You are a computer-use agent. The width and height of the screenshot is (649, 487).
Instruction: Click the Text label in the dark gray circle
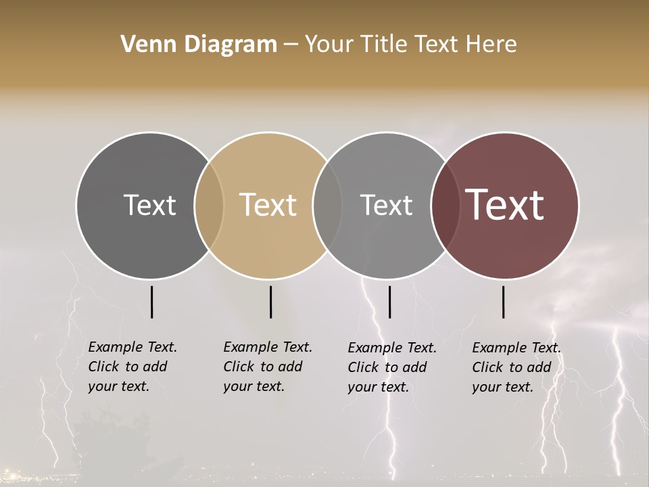coord(149,205)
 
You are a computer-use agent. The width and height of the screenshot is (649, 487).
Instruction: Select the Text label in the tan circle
coord(268,205)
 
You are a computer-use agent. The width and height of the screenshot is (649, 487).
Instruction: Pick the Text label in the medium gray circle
coord(386,205)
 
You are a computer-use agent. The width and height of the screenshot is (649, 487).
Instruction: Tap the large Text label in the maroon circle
coord(505,205)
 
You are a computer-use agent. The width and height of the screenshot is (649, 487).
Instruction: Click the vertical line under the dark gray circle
coord(151,302)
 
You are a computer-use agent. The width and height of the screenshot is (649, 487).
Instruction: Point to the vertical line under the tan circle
coord(270,302)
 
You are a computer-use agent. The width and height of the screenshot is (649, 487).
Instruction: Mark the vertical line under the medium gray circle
coord(389,302)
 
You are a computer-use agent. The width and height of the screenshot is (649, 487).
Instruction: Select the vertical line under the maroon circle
coord(503,302)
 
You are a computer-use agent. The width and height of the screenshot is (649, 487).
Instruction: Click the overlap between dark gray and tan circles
coord(209,205)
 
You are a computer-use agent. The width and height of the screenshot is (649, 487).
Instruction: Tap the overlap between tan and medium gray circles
coord(327,205)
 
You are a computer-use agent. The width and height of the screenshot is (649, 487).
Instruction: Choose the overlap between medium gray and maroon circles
coord(446,205)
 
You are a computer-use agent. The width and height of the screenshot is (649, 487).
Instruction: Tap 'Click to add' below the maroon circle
coord(512,367)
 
